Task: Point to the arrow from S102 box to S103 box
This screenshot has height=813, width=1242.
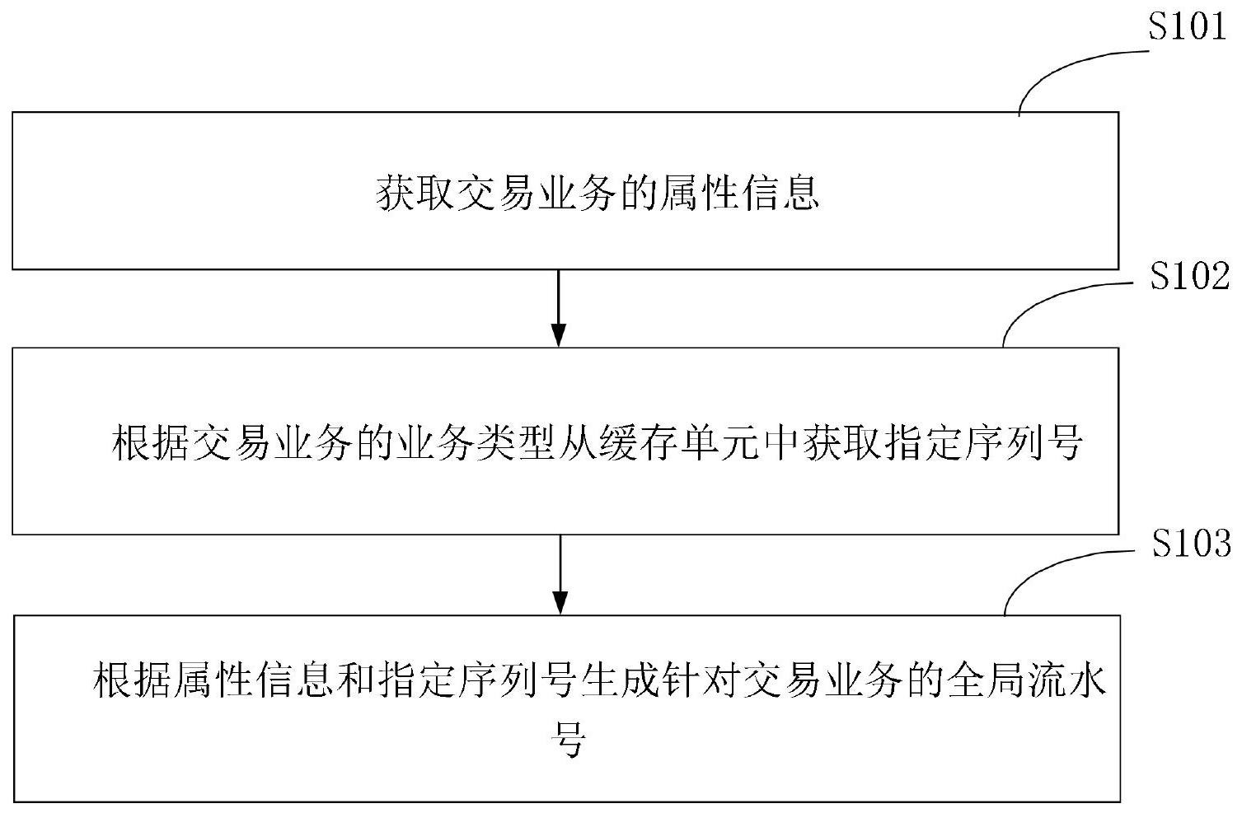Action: pos(560,574)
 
